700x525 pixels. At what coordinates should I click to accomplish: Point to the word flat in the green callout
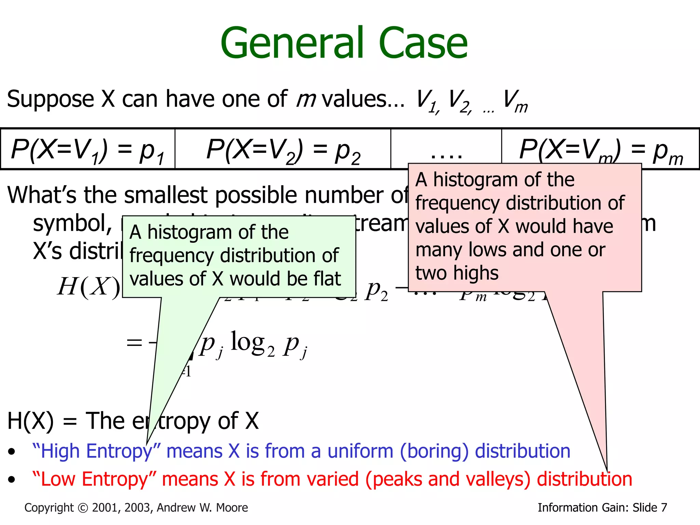click(x=324, y=279)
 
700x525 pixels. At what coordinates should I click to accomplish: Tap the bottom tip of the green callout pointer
click(x=147, y=443)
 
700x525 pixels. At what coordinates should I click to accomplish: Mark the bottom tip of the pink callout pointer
click(x=607, y=472)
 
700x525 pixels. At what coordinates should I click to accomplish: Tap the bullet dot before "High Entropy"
click(x=12, y=452)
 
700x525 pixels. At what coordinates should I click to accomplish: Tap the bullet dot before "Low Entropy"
click(x=12, y=480)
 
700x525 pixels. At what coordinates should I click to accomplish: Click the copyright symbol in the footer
click(x=83, y=508)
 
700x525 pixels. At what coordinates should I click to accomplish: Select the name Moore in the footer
click(x=232, y=508)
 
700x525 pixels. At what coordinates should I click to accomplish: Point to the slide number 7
click(x=664, y=508)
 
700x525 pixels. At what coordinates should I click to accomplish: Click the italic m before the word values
click(x=306, y=99)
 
